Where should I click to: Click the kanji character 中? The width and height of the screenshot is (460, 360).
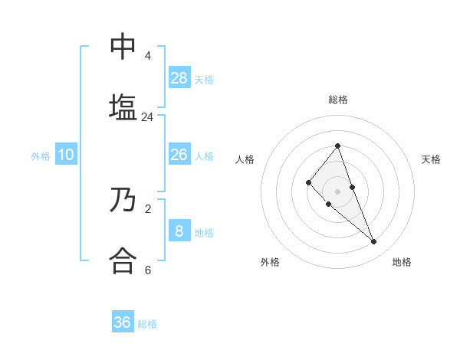coord(123,47)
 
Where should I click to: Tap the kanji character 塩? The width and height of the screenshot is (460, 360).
coord(123,106)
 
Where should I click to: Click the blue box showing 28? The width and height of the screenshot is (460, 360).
coord(179,77)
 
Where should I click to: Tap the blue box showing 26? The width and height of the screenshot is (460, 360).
coord(179,155)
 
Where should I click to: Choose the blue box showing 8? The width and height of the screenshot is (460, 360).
coord(179,231)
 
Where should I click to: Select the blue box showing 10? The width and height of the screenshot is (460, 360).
coord(66,155)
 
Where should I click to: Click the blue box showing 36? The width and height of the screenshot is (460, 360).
coord(123,322)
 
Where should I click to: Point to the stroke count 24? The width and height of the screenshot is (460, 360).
coord(147,117)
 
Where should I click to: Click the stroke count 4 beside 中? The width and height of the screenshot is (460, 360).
coord(147,56)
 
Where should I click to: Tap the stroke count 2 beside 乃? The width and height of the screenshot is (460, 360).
coord(147,208)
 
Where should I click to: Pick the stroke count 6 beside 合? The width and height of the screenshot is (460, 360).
coord(147,270)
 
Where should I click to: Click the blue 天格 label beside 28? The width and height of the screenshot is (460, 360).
coord(204,79)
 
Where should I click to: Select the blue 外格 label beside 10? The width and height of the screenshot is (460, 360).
coord(41,156)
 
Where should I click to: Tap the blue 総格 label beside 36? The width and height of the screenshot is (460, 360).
coord(147,324)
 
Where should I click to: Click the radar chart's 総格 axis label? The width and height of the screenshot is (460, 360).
coord(338,100)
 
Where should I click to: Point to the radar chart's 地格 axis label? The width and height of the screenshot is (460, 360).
coord(402,262)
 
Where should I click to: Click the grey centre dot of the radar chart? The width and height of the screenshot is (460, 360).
coord(337,191)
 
